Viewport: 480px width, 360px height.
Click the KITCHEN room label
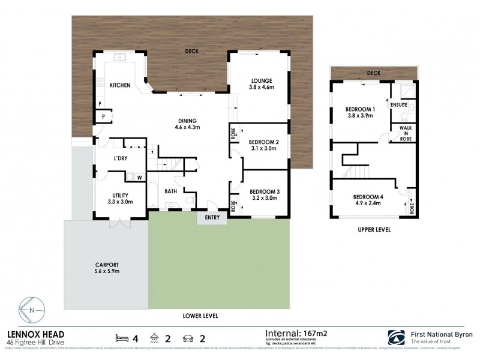(120, 85)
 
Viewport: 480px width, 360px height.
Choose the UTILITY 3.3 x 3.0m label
(119, 198)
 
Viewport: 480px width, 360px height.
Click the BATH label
(170, 192)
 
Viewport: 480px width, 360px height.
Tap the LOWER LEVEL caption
(200, 316)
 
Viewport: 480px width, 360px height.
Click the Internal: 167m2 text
(299, 331)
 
